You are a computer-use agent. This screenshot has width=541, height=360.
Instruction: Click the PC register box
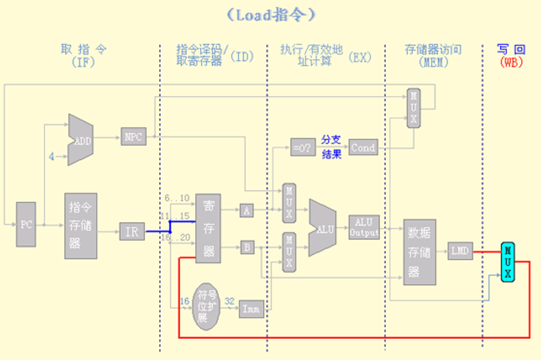point(26,224)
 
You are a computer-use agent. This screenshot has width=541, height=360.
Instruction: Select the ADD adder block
point(80,140)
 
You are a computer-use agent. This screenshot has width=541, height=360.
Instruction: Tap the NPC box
point(134,136)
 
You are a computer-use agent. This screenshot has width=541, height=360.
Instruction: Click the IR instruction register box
point(132,231)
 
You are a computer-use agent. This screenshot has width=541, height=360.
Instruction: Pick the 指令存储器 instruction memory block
point(81,225)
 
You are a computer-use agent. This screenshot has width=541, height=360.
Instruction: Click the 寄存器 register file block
point(208,229)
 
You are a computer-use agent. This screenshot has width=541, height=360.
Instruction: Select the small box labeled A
point(247,210)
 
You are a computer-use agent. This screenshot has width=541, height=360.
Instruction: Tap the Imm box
point(251,309)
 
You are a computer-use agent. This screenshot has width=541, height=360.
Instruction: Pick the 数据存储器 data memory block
point(420,251)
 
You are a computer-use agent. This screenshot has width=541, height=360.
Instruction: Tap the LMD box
point(460,251)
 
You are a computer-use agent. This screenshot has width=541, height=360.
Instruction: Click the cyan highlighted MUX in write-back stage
point(506,261)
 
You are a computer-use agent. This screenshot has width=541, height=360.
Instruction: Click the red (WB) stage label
point(511,62)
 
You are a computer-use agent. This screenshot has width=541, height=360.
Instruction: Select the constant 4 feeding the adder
point(51,156)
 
